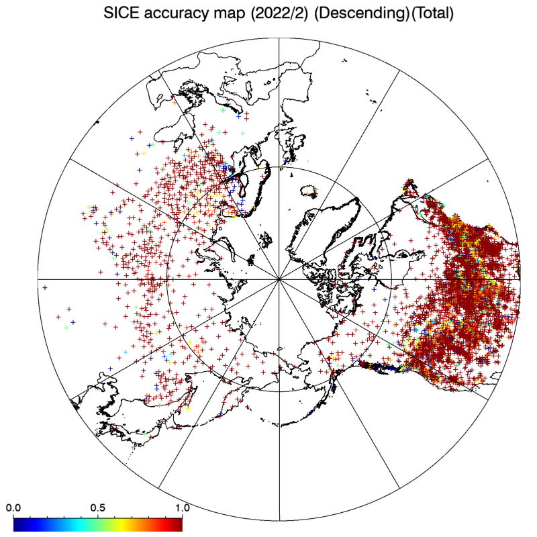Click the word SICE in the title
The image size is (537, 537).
point(121,13)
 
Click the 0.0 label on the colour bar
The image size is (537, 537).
point(13,507)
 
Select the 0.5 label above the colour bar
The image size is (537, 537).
point(97,507)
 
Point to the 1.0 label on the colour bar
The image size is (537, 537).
point(182,507)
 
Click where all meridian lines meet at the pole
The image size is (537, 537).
point(279,279)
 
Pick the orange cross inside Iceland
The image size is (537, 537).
point(307,194)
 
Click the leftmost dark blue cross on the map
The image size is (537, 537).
point(45,288)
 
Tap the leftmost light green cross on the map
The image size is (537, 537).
point(66,328)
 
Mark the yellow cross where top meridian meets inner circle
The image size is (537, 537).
point(281,168)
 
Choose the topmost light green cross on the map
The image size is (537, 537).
point(224,110)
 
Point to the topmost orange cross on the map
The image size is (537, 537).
point(175,102)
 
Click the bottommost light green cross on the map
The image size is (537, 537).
point(145,434)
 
